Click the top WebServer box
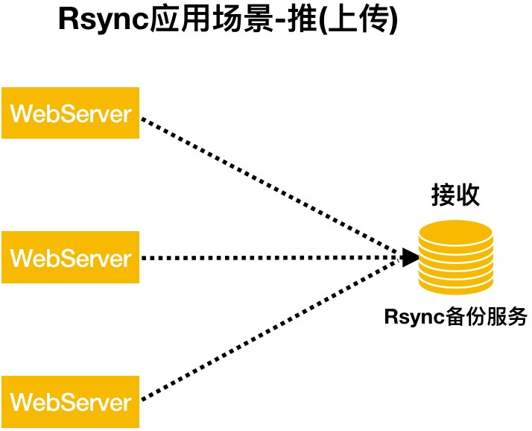[x=70, y=113]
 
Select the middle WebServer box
[x=70, y=257]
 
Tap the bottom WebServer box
[x=70, y=402]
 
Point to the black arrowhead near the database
[x=411, y=257]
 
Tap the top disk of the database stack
[x=455, y=232]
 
